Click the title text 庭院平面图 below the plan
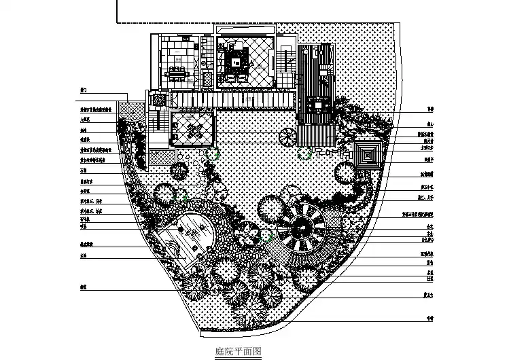[237, 351]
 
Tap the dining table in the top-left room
[178, 70]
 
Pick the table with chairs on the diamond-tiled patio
[193, 129]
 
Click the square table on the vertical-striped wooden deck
[317, 107]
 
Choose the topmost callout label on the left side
[83, 90]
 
